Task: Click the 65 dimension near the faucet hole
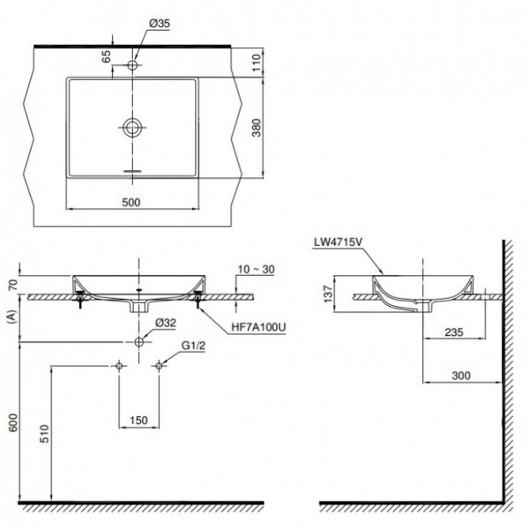106,58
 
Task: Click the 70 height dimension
11,284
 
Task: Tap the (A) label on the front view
11,315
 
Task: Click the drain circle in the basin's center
132,128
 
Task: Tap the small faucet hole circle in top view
133,65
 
